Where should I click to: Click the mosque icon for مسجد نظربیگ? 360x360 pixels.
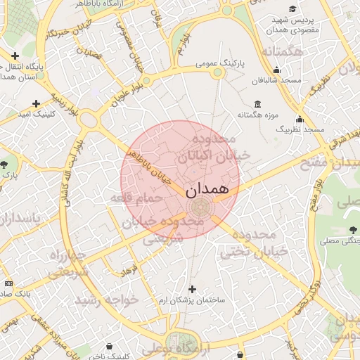click(x=300, y=119)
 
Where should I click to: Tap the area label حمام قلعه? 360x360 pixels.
click(x=136, y=198)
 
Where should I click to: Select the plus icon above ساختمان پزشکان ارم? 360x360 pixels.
click(x=192, y=289)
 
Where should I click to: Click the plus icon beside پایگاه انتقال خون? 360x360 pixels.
click(x=15, y=56)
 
